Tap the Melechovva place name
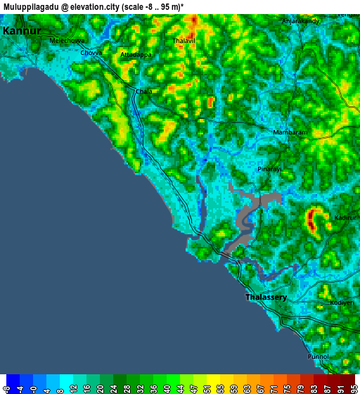pyautogui.click(x=67, y=41)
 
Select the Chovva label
pyautogui.click(x=91, y=53)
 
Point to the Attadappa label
pyautogui.click(x=136, y=54)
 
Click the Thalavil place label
pyautogui.click(x=184, y=41)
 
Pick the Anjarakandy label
pyautogui.click(x=300, y=21)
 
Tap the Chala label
pyautogui.click(x=143, y=91)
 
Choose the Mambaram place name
pyautogui.click(x=290, y=132)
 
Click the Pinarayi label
pyautogui.click(x=269, y=170)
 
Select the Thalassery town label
pyautogui.click(x=266, y=298)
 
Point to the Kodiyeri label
pyautogui.click(x=342, y=303)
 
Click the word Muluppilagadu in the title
pyautogui.click(x=32, y=6)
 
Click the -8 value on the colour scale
pyautogui.click(x=6, y=387)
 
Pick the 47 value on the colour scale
pyautogui.click(x=193, y=387)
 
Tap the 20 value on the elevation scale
pyautogui.click(x=100, y=387)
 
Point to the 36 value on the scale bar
pyautogui.click(x=153, y=387)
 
